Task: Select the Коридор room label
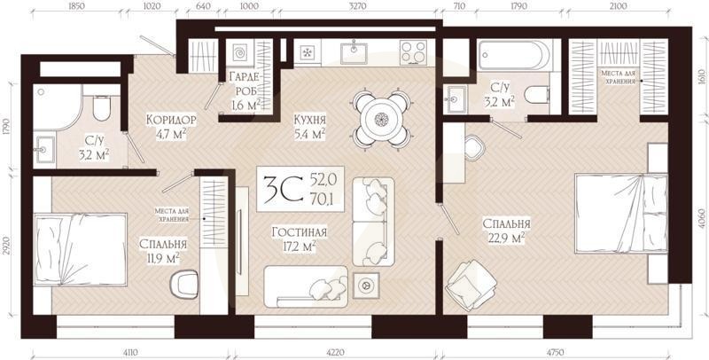[x=171, y=119]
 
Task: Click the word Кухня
[x=310, y=119]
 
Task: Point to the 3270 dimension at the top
[x=359, y=6]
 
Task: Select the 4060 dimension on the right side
[x=700, y=218]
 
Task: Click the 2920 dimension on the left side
[x=7, y=243]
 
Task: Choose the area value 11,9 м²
[x=162, y=259]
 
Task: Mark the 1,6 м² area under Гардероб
[x=245, y=105]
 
